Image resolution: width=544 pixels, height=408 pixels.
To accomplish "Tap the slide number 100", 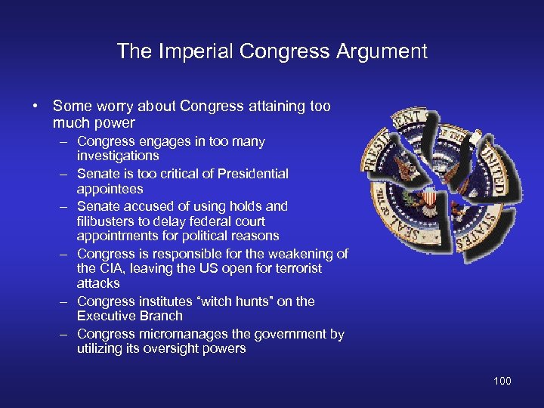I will click(502, 381).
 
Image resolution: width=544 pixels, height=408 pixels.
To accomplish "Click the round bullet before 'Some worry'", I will click(36, 107).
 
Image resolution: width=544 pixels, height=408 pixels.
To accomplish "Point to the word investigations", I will click(118, 156).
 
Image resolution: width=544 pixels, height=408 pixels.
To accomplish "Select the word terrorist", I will click(295, 268).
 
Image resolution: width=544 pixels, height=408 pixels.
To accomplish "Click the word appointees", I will click(110, 189).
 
